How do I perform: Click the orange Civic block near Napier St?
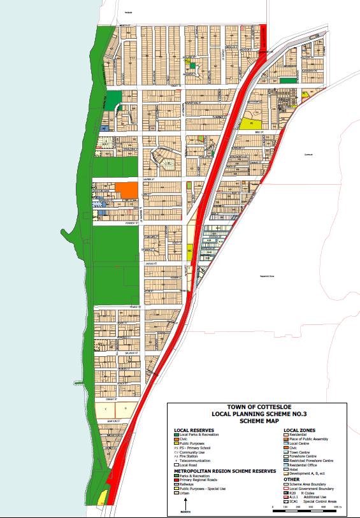(x=126, y=191)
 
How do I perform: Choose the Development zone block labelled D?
(x=126, y=406)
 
